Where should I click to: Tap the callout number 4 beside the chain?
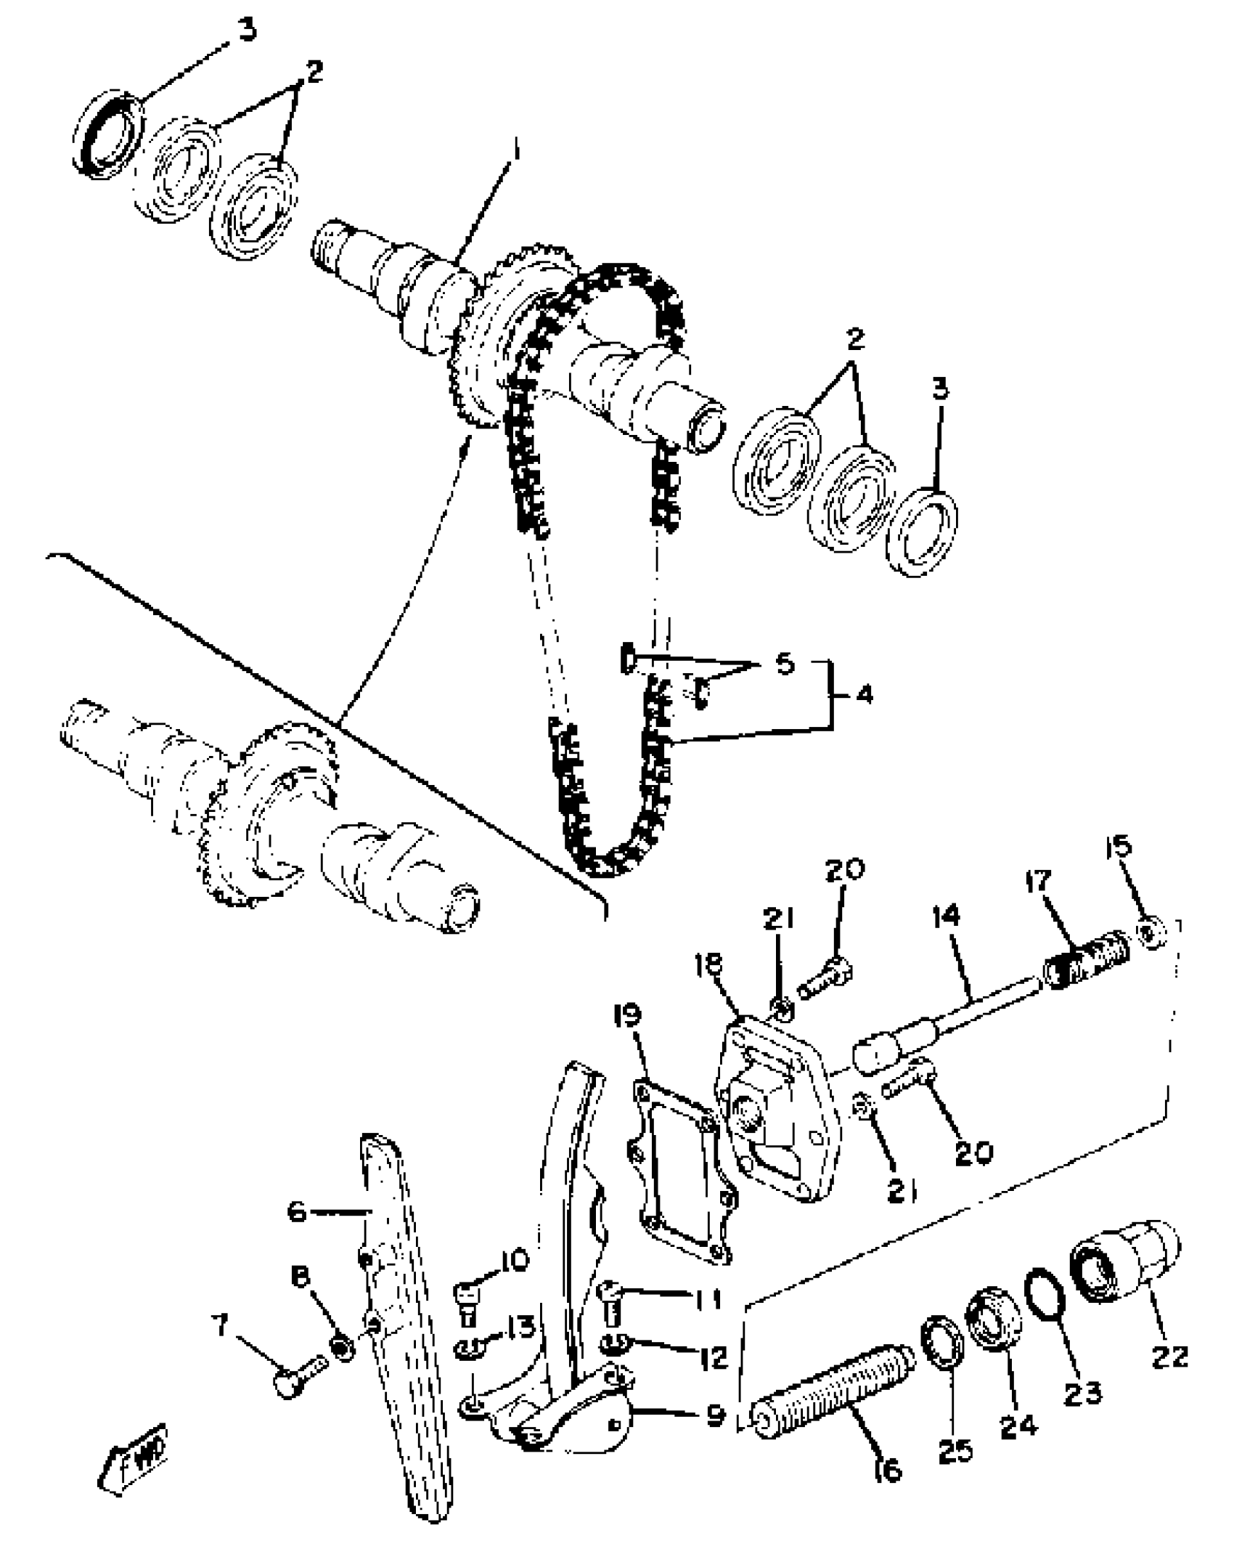point(863,695)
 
